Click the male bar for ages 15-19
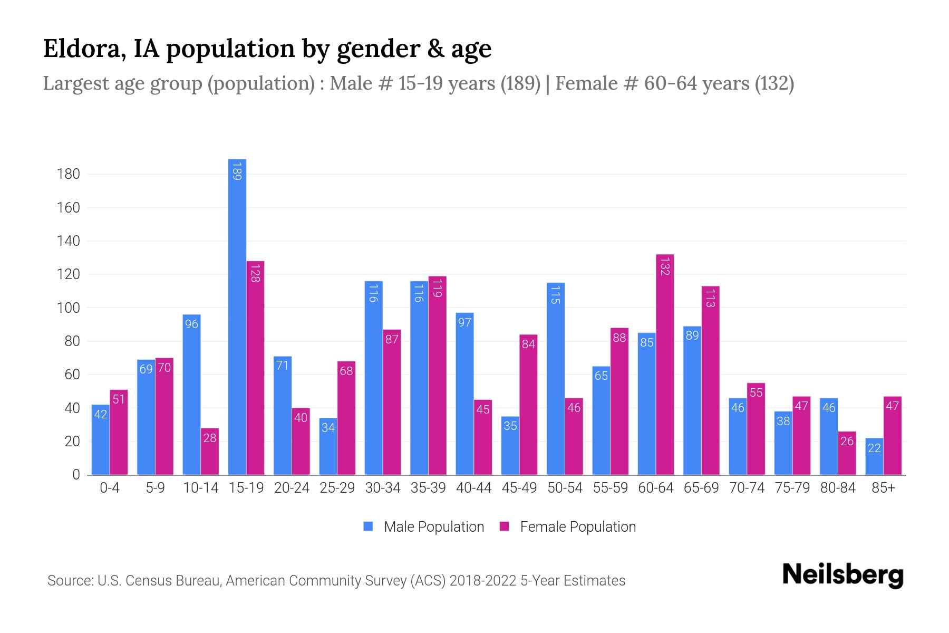point(237,316)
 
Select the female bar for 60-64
point(665,364)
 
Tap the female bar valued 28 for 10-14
point(210,452)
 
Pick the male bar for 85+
point(874,457)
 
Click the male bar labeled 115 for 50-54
point(556,379)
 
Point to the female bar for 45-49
point(528,405)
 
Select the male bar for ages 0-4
point(100,440)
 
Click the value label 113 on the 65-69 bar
point(710,298)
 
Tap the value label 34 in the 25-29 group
point(328,427)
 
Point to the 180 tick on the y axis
point(69,174)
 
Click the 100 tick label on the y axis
point(69,308)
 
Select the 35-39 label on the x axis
point(428,488)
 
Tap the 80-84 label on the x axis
point(838,488)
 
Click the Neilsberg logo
point(843,575)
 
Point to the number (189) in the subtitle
point(520,83)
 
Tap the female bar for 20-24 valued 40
point(301,442)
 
